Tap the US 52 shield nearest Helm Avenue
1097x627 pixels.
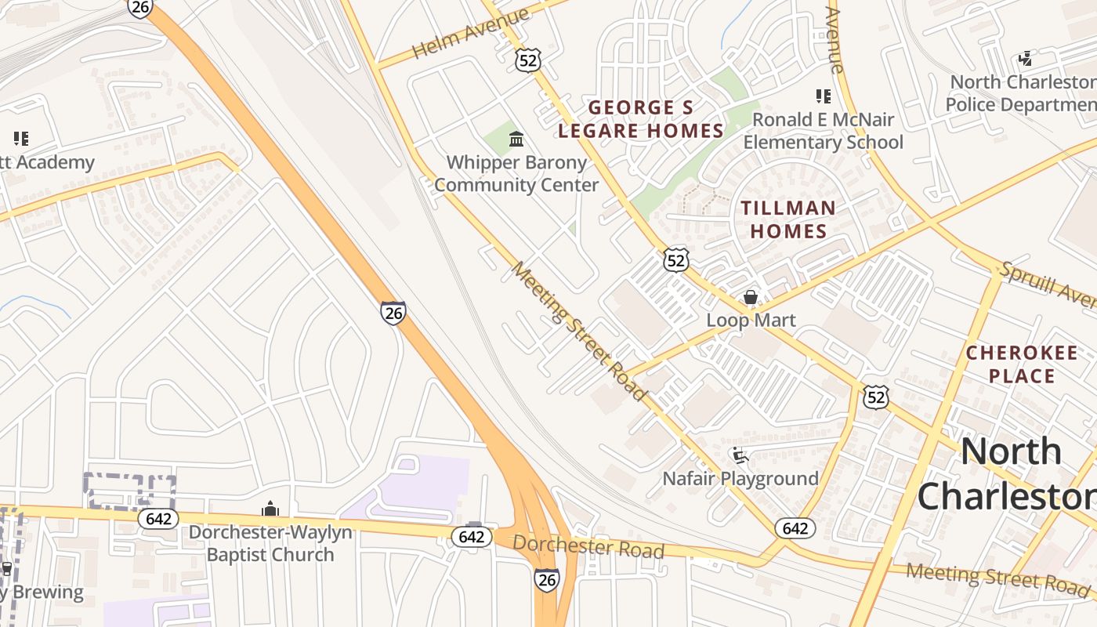[528, 60]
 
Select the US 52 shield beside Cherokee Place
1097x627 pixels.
[876, 397]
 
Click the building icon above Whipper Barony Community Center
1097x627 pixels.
[516, 140]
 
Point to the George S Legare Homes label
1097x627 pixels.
[641, 119]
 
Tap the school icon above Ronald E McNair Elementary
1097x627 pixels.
[823, 96]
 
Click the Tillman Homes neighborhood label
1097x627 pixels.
[787, 219]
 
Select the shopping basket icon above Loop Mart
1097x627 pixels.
[751, 297]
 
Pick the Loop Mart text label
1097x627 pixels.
[751, 320]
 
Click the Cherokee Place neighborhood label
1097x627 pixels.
[1021, 364]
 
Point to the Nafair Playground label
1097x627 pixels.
[740, 478]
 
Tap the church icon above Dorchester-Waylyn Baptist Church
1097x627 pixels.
[270, 509]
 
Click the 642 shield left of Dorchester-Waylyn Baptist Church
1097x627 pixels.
[158, 519]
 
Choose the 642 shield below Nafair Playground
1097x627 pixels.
[795, 528]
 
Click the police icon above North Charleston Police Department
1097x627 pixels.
[1025, 59]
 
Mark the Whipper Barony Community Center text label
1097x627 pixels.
[516, 174]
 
